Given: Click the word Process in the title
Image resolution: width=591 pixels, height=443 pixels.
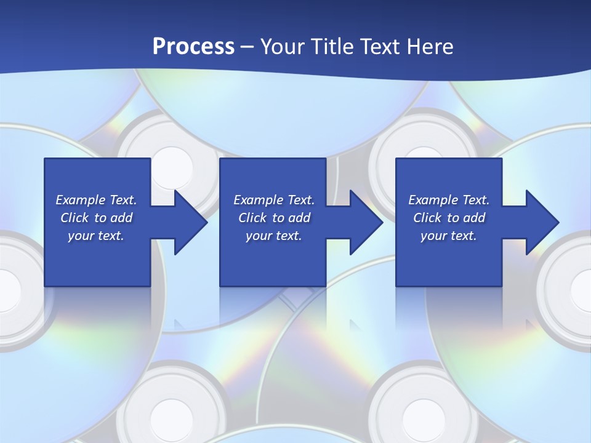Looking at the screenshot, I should (x=193, y=47).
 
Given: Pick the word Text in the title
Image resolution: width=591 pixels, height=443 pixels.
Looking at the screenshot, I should (x=382, y=47).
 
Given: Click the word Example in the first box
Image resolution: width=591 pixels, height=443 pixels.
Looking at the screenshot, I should (x=79, y=200).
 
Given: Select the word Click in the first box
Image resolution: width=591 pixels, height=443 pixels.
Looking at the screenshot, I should (x=75, y=218).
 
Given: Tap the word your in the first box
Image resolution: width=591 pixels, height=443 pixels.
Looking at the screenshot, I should (x=80, y=236).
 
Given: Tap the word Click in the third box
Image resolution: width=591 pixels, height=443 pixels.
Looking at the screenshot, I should (x=428, y=218).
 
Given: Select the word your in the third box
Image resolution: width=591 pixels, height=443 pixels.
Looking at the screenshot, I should (x=433, y=236).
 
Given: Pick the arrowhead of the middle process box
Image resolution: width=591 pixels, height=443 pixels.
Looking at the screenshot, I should (x=366, y=222).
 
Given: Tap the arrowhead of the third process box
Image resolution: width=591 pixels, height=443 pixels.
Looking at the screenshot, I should (x=542, y=222).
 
